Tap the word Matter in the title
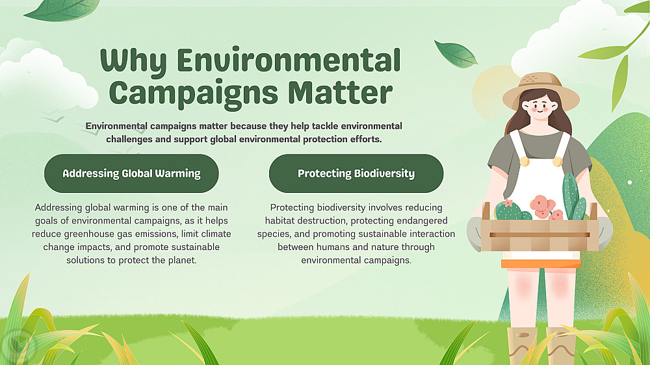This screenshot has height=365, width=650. [340, 92]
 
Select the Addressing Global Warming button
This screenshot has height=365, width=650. [131, 173]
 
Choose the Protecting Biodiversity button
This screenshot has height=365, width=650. [356, 173]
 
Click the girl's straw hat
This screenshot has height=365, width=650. [541, 90]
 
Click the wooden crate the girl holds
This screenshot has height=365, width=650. [539, 234]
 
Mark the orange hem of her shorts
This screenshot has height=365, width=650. [541, 264]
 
